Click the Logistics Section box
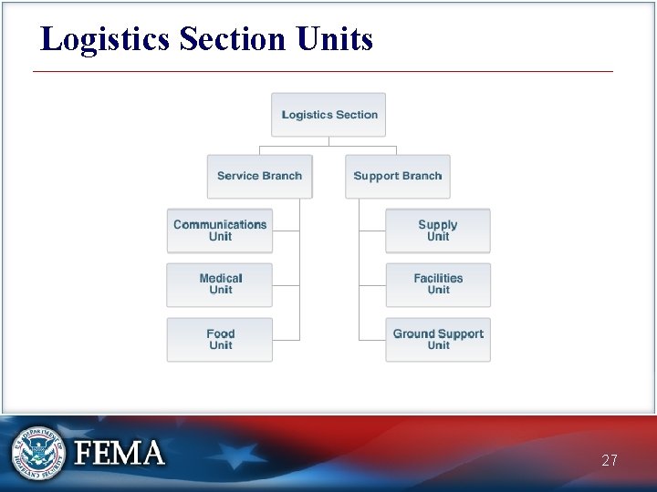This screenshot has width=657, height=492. click(x=328, y=115)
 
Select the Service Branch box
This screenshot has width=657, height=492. click(x=259, y=176)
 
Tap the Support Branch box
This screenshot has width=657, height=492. click(x=397, y=176)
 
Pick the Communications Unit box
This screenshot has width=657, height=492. click(x=220, y=231)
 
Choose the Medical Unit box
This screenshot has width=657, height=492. click(x=220, y=284)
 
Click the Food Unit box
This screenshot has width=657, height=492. click(x=220, y=339)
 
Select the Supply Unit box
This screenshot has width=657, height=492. click(x=438, y=231)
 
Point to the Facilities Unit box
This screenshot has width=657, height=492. click(x=438, y=284)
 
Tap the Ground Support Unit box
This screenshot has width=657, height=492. click(x=438, y=339)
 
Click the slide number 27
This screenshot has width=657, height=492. click(x=610, y=461)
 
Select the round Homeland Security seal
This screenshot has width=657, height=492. click(x=37, y=453)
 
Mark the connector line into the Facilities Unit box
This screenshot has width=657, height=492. click(x=372, y=285)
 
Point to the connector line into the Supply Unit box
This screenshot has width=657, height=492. click(x=372, y=231)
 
